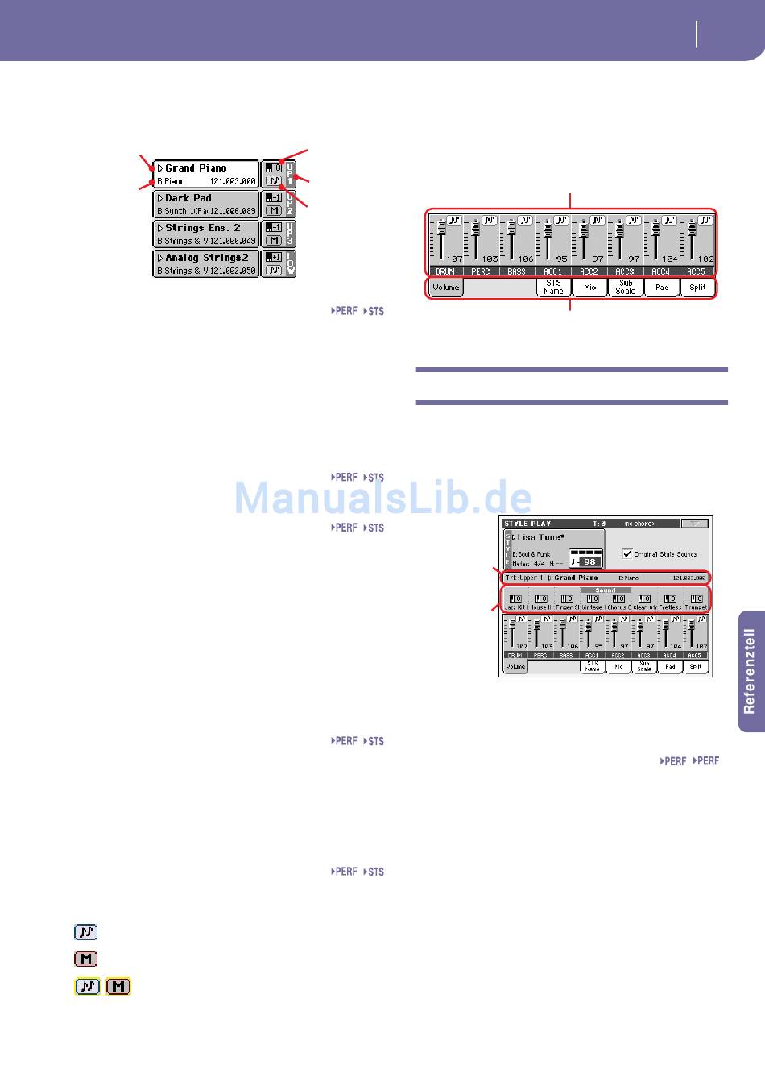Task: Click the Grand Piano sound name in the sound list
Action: [196, 168]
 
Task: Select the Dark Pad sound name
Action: [188, 198]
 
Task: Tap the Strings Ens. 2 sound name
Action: [202, 228]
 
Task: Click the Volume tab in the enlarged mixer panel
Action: [445, 288]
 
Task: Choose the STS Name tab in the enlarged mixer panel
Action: [553, 287]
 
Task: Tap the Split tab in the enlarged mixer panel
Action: [697, 288]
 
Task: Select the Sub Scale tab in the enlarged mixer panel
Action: [626, 287]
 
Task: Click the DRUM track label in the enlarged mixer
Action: [445, 272]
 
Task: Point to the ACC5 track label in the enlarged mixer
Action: [697, 272]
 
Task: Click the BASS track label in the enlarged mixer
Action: [517, 272]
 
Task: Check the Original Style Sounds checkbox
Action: [627, 554]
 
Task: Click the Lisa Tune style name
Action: [540, 537]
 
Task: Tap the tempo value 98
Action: [590, 561]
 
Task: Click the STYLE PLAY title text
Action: [527, 524]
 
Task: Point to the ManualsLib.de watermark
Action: [382, 498]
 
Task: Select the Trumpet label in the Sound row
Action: [696, 607]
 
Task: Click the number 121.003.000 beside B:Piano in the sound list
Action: [232, 182]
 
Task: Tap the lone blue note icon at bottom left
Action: [86, 932]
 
